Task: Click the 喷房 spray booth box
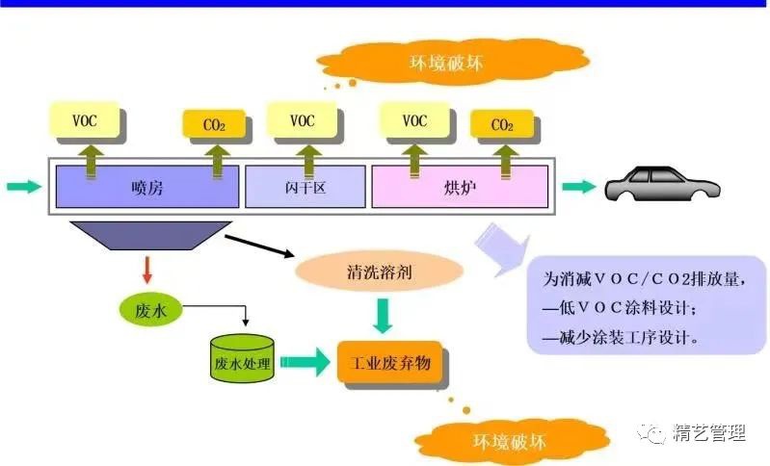146,187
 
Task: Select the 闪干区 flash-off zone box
305,187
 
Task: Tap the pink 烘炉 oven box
460,187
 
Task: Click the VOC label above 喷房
85,120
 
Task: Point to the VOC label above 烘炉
414,120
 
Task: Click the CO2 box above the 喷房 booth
213,124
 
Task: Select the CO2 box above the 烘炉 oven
501,124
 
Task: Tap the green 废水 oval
150,309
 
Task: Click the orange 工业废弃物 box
390,363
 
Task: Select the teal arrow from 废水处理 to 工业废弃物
305,362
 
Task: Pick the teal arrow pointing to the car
579,187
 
